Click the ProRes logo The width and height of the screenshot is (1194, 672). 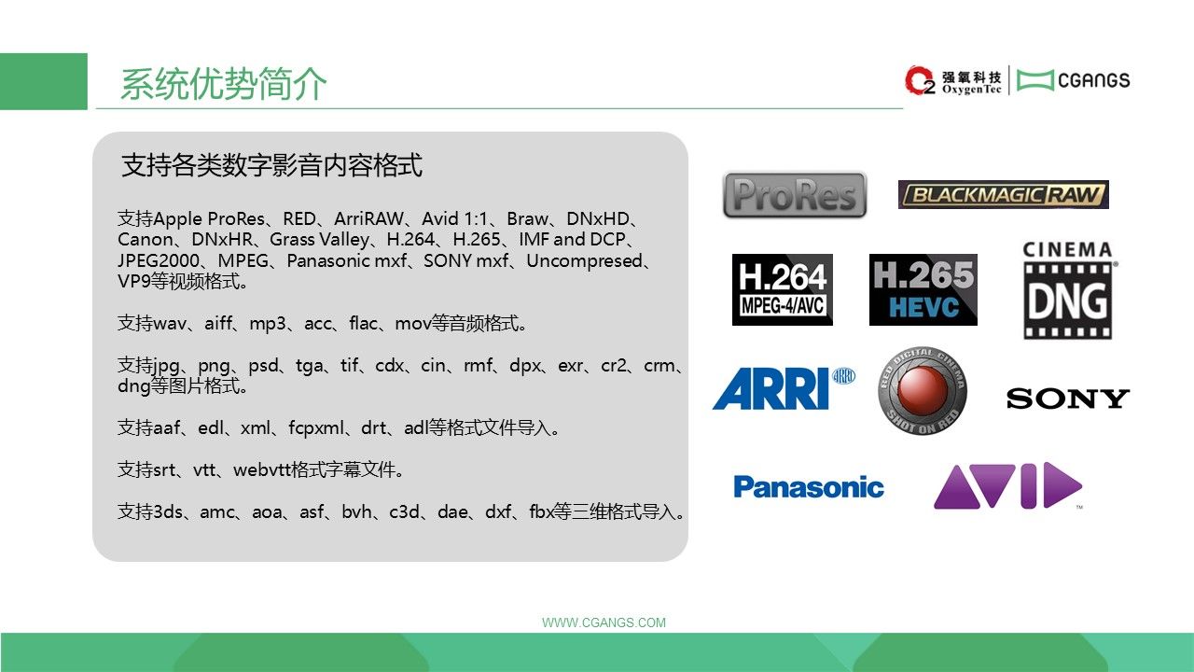pos(794,194)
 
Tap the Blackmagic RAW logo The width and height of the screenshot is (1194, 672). pos(1003,194)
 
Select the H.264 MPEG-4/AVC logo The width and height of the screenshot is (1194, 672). pos(783,289)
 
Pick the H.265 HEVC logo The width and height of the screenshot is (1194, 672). pos(923,289)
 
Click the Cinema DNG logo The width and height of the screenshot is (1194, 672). pos(1068,290)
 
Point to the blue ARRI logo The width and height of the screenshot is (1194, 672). pos(784,387)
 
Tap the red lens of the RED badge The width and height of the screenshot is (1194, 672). pos(923,389)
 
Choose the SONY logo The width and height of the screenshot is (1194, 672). pos(1068,399)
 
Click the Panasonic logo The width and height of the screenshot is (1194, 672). pos(809,487)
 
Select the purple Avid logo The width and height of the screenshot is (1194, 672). pos(1008,485)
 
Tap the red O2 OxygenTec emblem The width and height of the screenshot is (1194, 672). pos(920,80)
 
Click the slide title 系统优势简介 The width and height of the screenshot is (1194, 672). pos(223,84)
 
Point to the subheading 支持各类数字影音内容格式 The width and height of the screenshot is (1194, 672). pos(271,165)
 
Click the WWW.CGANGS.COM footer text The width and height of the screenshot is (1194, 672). pos(604,623)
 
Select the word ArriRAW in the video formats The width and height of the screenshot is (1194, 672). pos(368,218)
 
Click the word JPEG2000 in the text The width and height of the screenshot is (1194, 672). pos(159,260)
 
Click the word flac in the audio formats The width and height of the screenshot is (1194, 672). pos(363,323)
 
